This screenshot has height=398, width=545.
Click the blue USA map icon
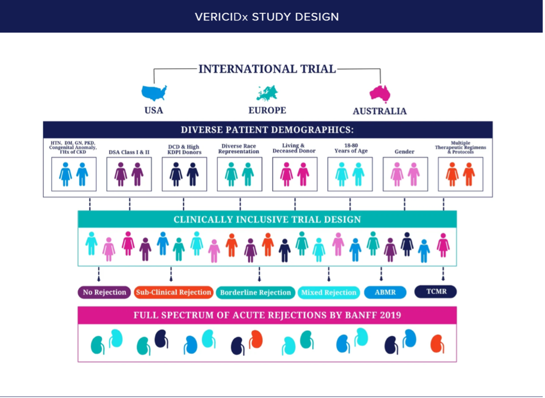point(154,92)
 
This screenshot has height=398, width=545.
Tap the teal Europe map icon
point(267,93)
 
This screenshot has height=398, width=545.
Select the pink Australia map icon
point(380,93)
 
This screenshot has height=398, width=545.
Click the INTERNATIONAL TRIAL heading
point(267,69)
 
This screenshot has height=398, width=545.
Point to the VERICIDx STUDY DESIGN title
point(267,17)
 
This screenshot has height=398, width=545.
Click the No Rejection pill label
point(105,292)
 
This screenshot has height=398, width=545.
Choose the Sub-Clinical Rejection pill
point(174,292)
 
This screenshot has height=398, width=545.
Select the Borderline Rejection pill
point(255,292)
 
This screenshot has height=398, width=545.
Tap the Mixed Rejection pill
point(329,292)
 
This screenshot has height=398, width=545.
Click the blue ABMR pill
point(385,292)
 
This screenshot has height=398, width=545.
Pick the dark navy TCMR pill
point(435,292)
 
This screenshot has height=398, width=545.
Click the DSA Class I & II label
point(129,152)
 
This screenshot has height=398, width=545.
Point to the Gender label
point(404,152)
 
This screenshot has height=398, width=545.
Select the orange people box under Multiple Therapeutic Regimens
point(460,174)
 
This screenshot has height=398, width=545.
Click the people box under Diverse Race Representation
point(239,174)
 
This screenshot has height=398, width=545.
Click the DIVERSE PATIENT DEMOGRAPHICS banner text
point(267,130)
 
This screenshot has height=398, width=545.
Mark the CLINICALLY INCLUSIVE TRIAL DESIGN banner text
point(267,219)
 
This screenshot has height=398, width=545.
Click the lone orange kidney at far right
point(437,344)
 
